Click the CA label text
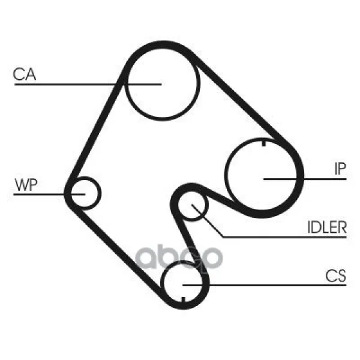click(25, 74)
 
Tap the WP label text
click(26, 184)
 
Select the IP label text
click(340, 169)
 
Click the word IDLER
click(327, 227)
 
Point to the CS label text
click(335, 275)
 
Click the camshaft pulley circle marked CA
click(162, 84)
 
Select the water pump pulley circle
click(85, 193)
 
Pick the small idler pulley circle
click(193, 205)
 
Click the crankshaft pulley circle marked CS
click(183, 283)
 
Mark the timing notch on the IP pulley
click(264, 143)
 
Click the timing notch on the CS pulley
click(183, 299)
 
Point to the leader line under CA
click(88, 84)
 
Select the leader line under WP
click(49, 194)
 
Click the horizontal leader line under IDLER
click(284, 237)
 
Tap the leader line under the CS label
click(264, 285)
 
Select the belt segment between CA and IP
click(241, 99)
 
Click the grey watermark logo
click(179, 257)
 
